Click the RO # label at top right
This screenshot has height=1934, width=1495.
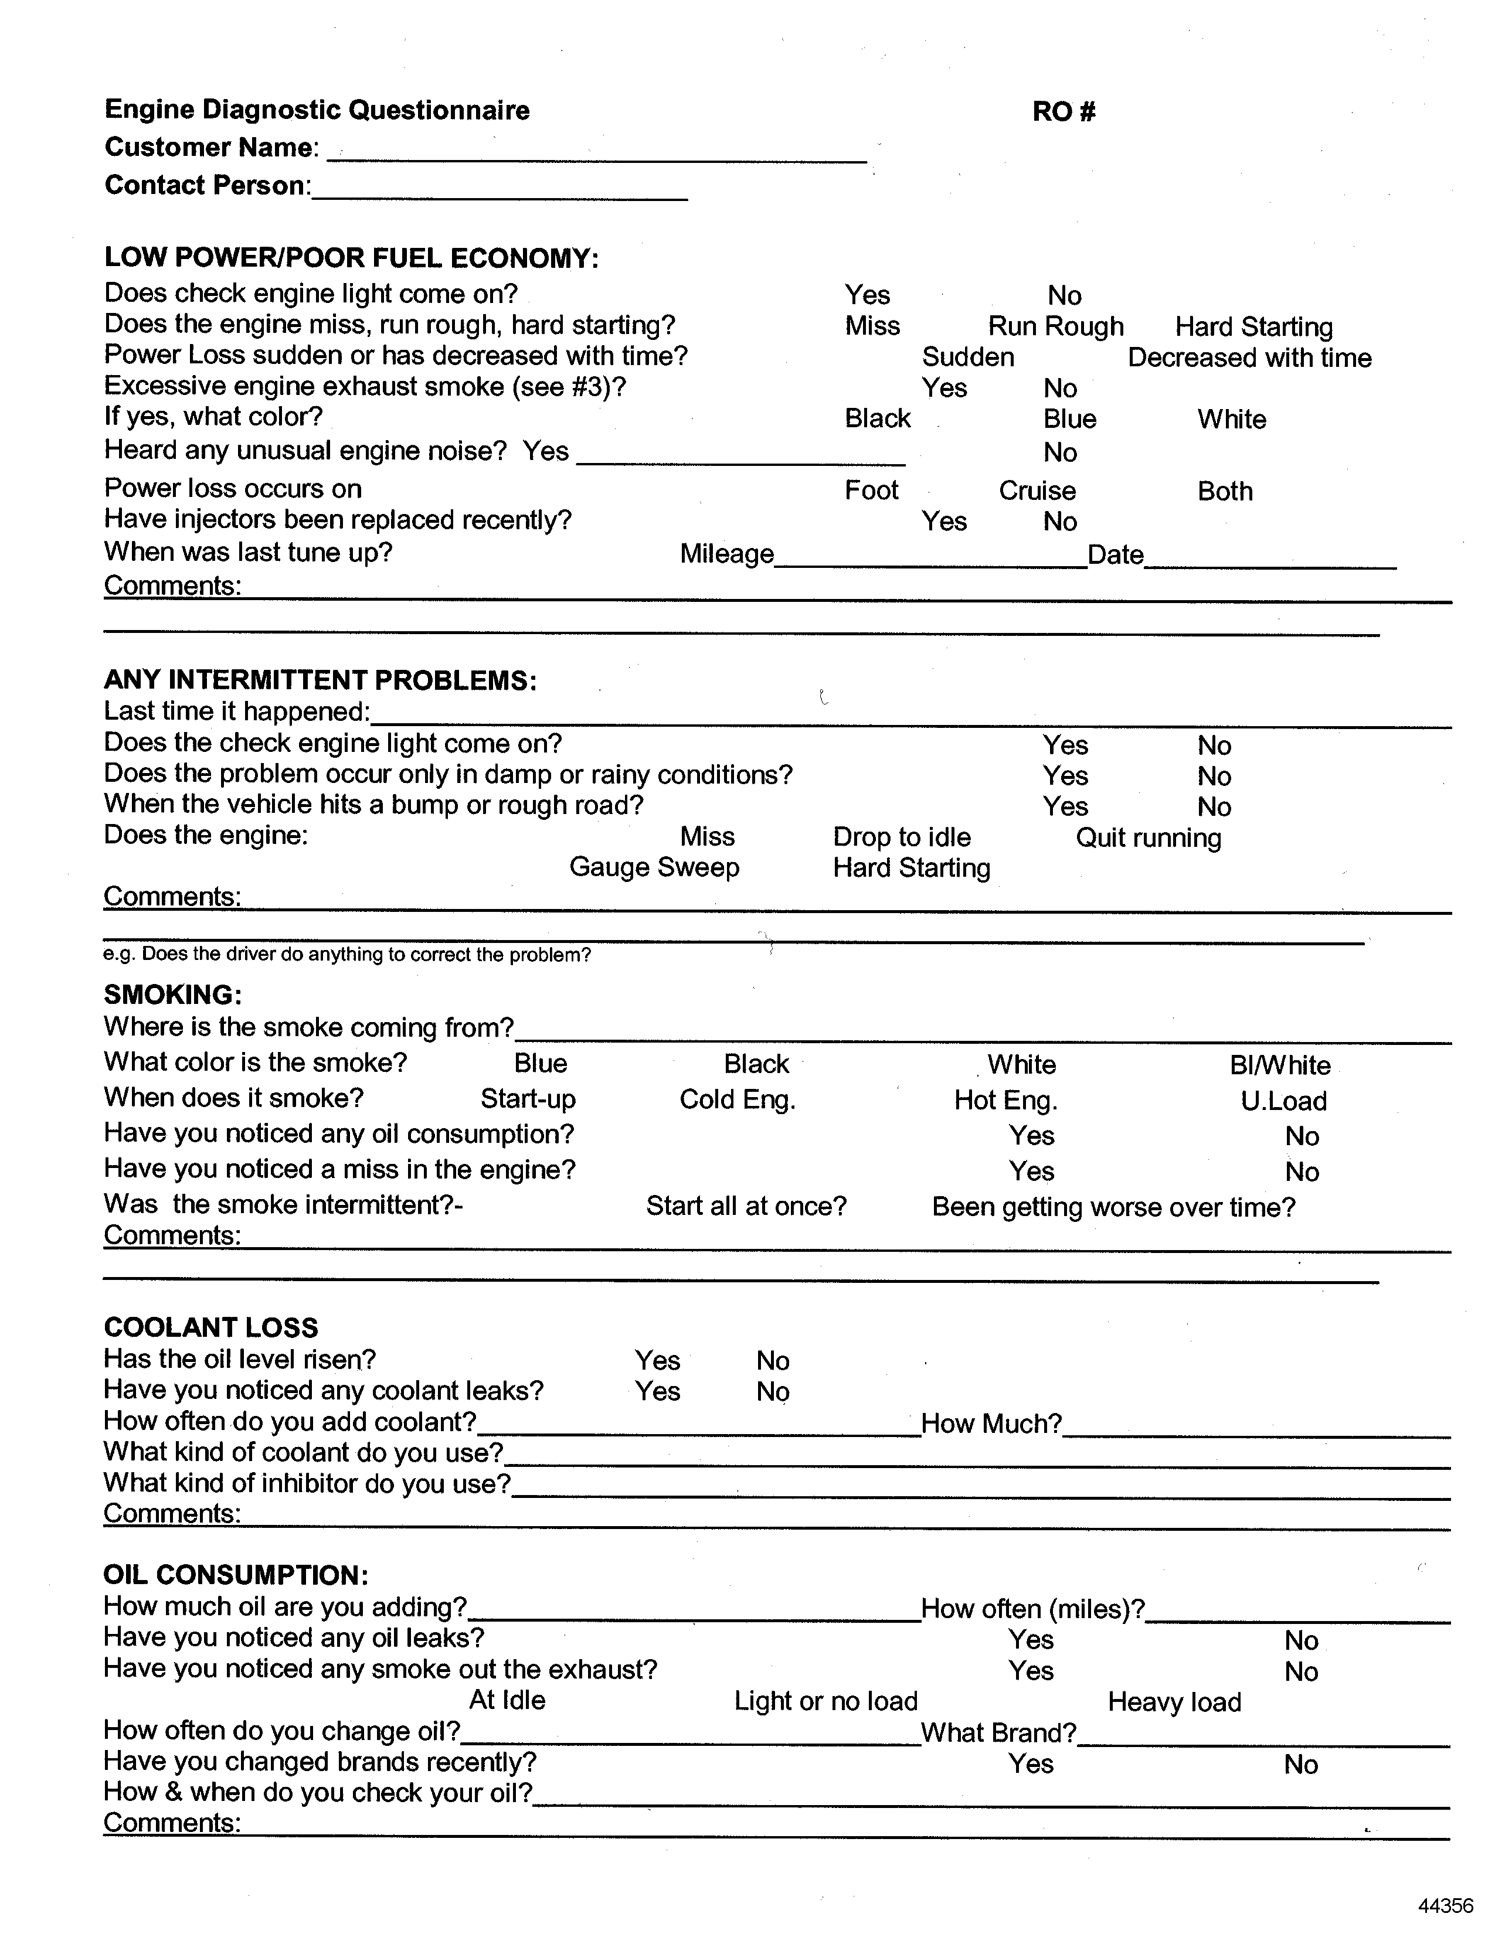click(1064, 111)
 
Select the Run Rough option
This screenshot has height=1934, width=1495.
click(1056, 327)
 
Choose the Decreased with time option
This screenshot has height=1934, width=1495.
click(1249, 357)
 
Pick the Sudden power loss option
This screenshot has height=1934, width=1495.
click(968, 357)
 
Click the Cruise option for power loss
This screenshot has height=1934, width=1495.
click(1037, 491)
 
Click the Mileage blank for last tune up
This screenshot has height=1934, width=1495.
click(930, 558)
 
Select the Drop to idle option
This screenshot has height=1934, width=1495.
click(902, 837)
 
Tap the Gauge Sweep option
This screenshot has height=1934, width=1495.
click(654, 867)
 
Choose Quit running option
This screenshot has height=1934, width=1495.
click(1148, 837)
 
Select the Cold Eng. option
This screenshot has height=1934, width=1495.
click(737, 1100)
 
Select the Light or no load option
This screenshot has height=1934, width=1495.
click(825, 1701)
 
